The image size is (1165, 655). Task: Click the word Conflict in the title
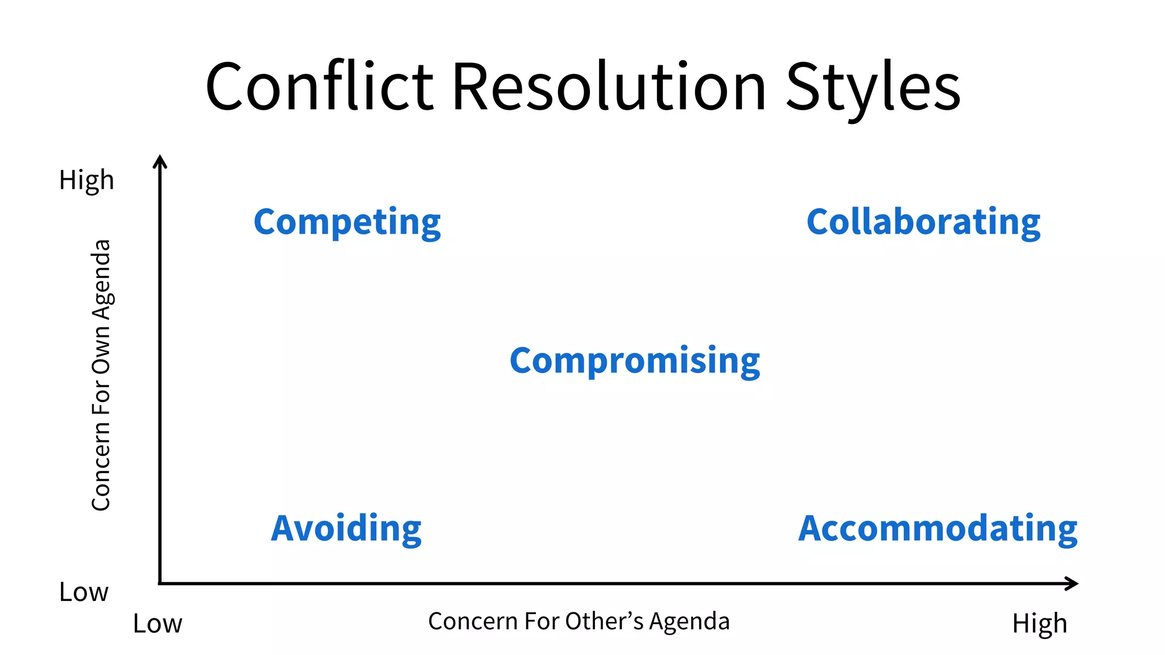[320, 87]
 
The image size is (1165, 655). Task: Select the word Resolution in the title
[609, 87]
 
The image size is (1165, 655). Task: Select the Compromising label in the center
[635, 360]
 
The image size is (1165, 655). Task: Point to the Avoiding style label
[346, 528]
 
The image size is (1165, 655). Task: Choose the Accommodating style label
[937, 528]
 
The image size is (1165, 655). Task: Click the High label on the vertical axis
[86, 180]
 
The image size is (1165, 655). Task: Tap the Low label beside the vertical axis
[84, 592]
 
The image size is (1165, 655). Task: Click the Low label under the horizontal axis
[158, 624]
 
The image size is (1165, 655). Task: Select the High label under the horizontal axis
[1039, 624]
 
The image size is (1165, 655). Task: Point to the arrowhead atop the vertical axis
[160, 161]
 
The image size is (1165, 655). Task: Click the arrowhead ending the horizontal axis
[1072, 583]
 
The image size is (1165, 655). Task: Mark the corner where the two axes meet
[160, 583]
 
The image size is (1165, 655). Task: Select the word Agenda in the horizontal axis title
[689, 621]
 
